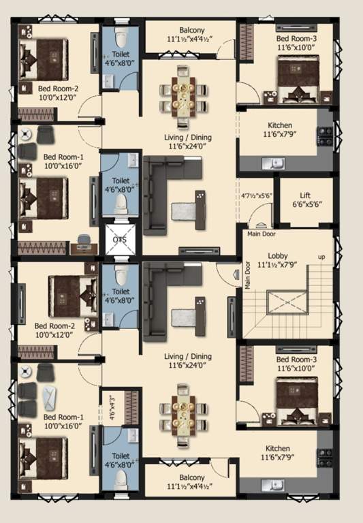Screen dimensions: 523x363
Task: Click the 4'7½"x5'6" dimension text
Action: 257,195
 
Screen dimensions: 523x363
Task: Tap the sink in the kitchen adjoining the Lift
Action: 277,163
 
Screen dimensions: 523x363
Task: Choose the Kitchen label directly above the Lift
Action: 280,125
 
